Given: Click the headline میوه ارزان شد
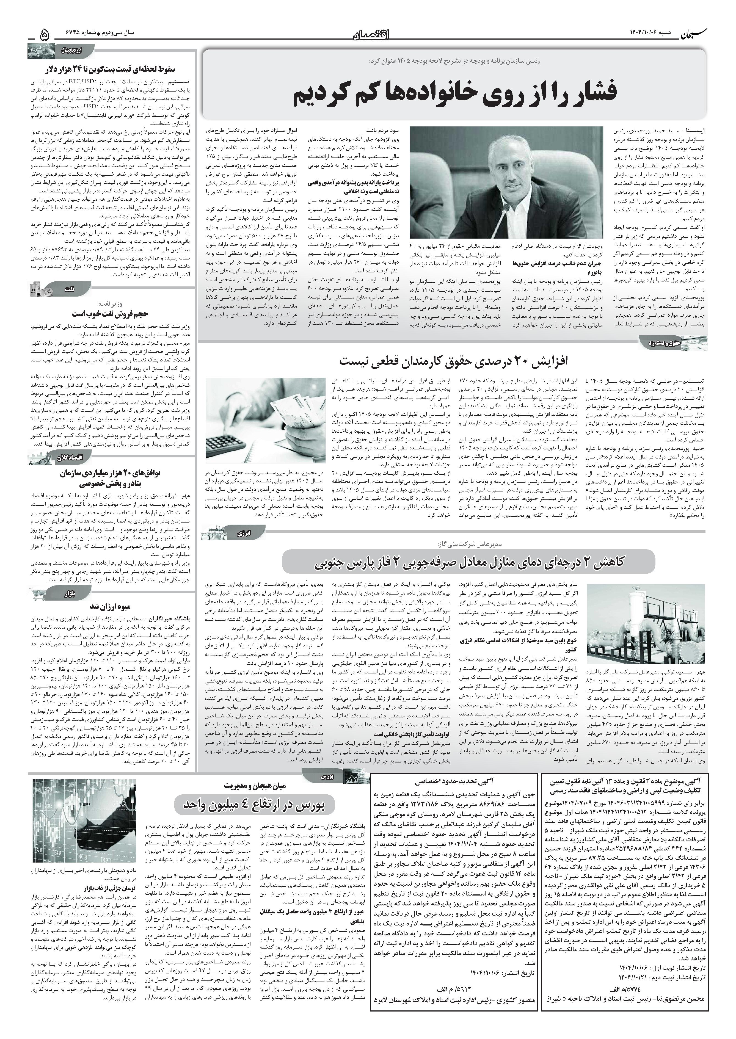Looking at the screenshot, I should pyautogui.click(x=111, y=606).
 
